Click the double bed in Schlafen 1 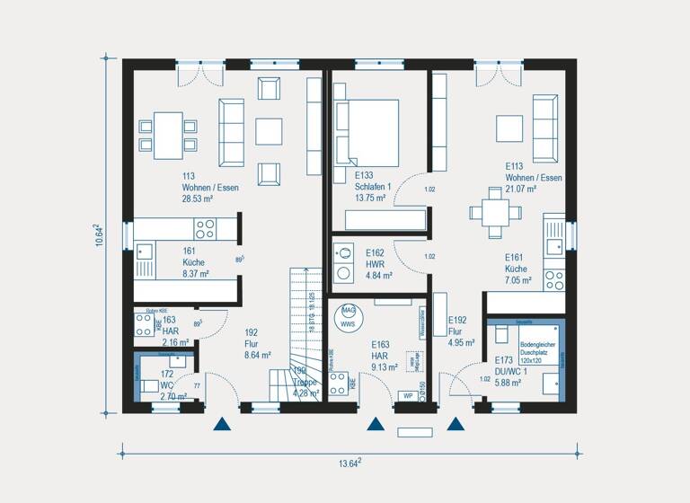[x=367, y=129]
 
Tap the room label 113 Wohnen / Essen [x=209, y=187]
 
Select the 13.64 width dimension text [x=350, y=463]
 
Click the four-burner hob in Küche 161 [x=205, y=228]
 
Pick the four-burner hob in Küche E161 [x=554, y=276]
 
